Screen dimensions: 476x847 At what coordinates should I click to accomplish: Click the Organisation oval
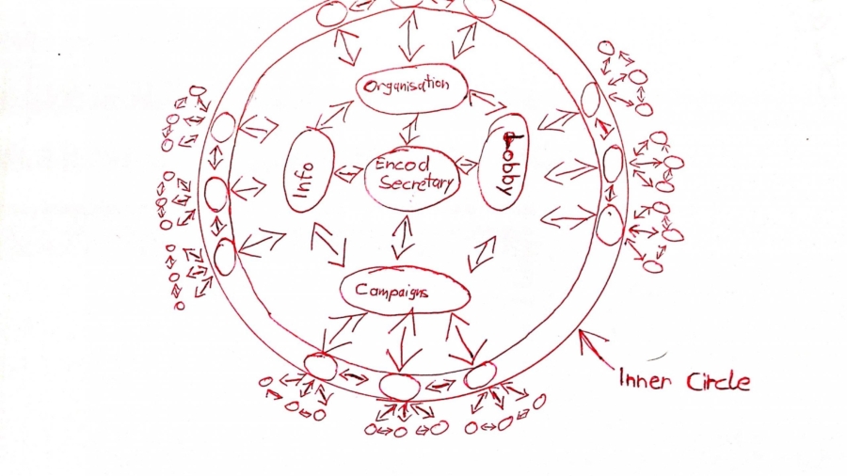(x=412, y=87)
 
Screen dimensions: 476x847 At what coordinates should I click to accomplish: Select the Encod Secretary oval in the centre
(x=412, y=175)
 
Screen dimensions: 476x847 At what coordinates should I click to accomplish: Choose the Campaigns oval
(x=405, y=292)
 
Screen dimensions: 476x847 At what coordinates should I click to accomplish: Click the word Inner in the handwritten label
(x=644, y=381)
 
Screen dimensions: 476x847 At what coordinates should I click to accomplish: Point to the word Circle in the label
(x=717, y=381)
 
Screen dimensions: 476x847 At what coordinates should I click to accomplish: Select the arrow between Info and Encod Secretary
(x=348, y=173)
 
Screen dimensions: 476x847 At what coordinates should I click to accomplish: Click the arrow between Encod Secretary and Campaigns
(x=405, y=237)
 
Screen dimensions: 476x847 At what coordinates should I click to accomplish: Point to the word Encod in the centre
(x=402, y=164)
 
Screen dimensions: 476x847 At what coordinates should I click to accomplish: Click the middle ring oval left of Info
(x=216, y=195)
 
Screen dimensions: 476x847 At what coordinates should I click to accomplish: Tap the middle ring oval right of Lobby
(x=613, y=164)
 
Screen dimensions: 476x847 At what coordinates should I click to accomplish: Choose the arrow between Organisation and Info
(x=335, y=115)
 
